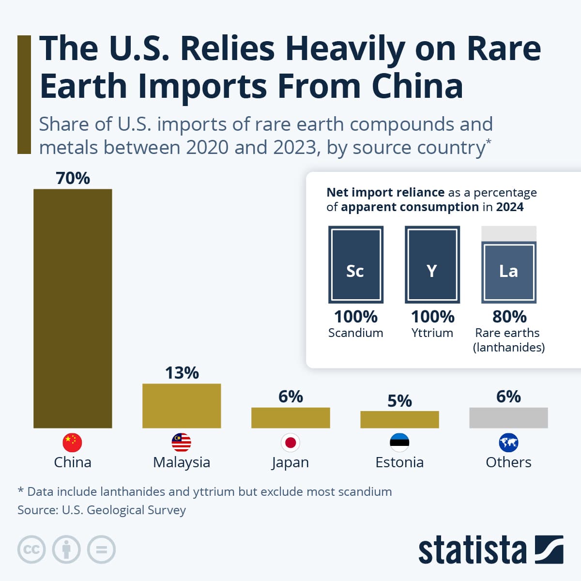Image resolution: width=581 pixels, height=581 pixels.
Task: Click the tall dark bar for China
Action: pyautogui.click(x=73, y=308)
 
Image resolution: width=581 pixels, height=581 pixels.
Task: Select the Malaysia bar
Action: pyautogui.click(x=182, y=406)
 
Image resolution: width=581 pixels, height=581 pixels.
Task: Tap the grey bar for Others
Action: pyautogui.click(x=508, y=417)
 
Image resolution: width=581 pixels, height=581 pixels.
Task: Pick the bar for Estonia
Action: pyautogui.click(x=399, y=419)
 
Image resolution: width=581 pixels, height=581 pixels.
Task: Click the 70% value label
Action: pyautogui.click(x=73, y=178)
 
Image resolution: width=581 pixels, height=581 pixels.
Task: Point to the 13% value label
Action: pyautogui.click(x=182, y=373)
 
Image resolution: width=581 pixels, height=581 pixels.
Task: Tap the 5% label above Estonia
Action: pyautogui.click(x=399, y=401)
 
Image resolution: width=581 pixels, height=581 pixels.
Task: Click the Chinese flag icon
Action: pyautogui.click(x=73, y=442)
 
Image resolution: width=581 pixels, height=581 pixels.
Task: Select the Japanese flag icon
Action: pyautogui.click(x=290, y=442)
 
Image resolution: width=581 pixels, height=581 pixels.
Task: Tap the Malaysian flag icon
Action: pyautogui.click(x=182, y=442)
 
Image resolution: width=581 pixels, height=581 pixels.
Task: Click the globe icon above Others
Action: pyautogui.click(x=508, y=442)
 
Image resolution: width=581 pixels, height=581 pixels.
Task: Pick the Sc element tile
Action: pyautogui.click(x=355, y=265)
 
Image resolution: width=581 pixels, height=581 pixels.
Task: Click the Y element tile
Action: pyautogui.click(x=432, y=265)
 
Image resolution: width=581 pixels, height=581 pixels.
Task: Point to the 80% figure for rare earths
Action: pyautogui.click(x=509, y=317)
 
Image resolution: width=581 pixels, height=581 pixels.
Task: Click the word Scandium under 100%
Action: pyautogui.click(x=355, y=333)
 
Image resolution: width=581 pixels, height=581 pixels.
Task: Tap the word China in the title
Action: pyautogui.click(x=417, y=86)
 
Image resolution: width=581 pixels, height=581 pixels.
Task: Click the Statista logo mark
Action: pyautogui.click(x=549, y=549)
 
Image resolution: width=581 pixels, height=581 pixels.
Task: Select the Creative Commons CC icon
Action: pyautogui.click(x=31, y=550)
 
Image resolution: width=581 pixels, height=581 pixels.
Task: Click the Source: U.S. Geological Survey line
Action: pyautogui.click(x=102, y=510)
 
